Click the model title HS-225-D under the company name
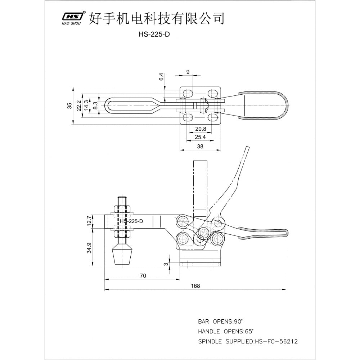154,34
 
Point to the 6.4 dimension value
161,77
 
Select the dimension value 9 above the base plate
188,72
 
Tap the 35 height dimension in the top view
69,105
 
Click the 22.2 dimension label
79,105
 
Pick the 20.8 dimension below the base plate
201,129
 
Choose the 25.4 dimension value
200,137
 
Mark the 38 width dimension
200,147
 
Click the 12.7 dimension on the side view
89,221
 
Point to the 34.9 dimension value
89,248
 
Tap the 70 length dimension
143,275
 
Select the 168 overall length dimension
195,286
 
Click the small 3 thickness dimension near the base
166,264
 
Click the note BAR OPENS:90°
220,321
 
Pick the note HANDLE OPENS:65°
226,331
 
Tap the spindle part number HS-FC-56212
276,341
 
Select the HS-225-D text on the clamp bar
131,221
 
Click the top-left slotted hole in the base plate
188,94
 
